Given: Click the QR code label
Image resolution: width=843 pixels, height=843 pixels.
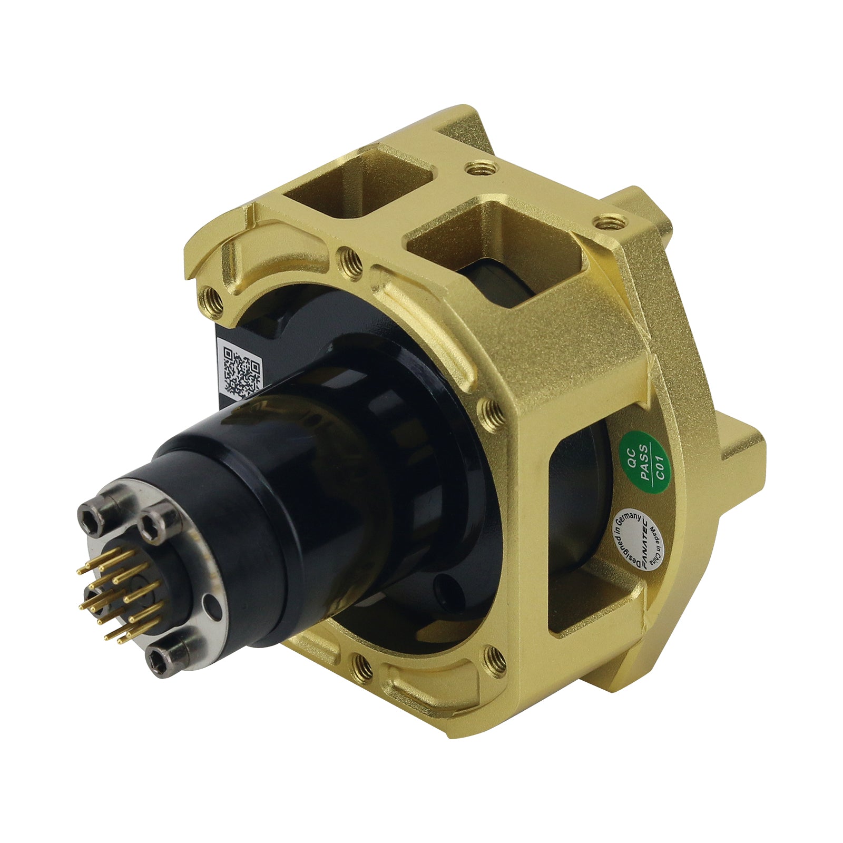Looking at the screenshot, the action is [239, 371].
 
